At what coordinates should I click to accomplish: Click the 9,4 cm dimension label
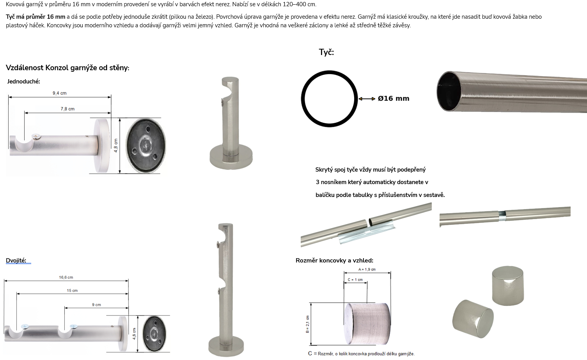60,93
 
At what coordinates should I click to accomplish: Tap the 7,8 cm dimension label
67,109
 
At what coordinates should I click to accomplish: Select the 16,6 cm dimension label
66,277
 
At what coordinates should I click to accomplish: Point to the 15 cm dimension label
72,290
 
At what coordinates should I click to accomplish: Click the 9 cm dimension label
96,305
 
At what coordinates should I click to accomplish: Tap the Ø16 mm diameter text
393,99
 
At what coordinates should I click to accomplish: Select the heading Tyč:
326,52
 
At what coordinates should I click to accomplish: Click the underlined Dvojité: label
16,261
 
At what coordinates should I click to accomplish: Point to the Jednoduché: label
23,82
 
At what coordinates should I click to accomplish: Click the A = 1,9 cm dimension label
367,270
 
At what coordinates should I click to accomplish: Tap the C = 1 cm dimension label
355,280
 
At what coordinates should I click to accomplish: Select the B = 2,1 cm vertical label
307,324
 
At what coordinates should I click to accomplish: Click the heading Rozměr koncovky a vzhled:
334,261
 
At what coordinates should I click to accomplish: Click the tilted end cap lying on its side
473,319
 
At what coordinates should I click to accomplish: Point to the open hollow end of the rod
449,91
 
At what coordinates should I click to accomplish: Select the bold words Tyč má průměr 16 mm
35,17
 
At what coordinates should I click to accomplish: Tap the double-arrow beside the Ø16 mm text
367,99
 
